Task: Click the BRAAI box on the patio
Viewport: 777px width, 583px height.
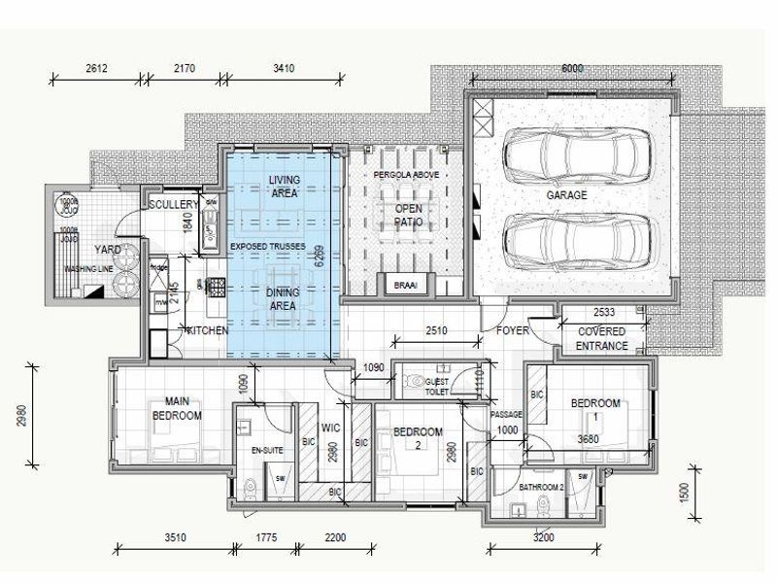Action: click(x=405, y=285)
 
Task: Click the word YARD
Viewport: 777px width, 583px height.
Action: click(x=107, y=249)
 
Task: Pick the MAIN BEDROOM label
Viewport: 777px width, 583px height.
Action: click(x=177, y=408)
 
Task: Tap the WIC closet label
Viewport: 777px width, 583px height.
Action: click(x=329, y=425)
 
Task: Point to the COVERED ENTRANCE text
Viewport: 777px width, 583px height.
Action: click(x=602, y=338)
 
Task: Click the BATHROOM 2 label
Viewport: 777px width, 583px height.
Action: click(x=540, y=486)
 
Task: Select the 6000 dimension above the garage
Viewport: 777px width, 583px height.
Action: click(x=572, y=68)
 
